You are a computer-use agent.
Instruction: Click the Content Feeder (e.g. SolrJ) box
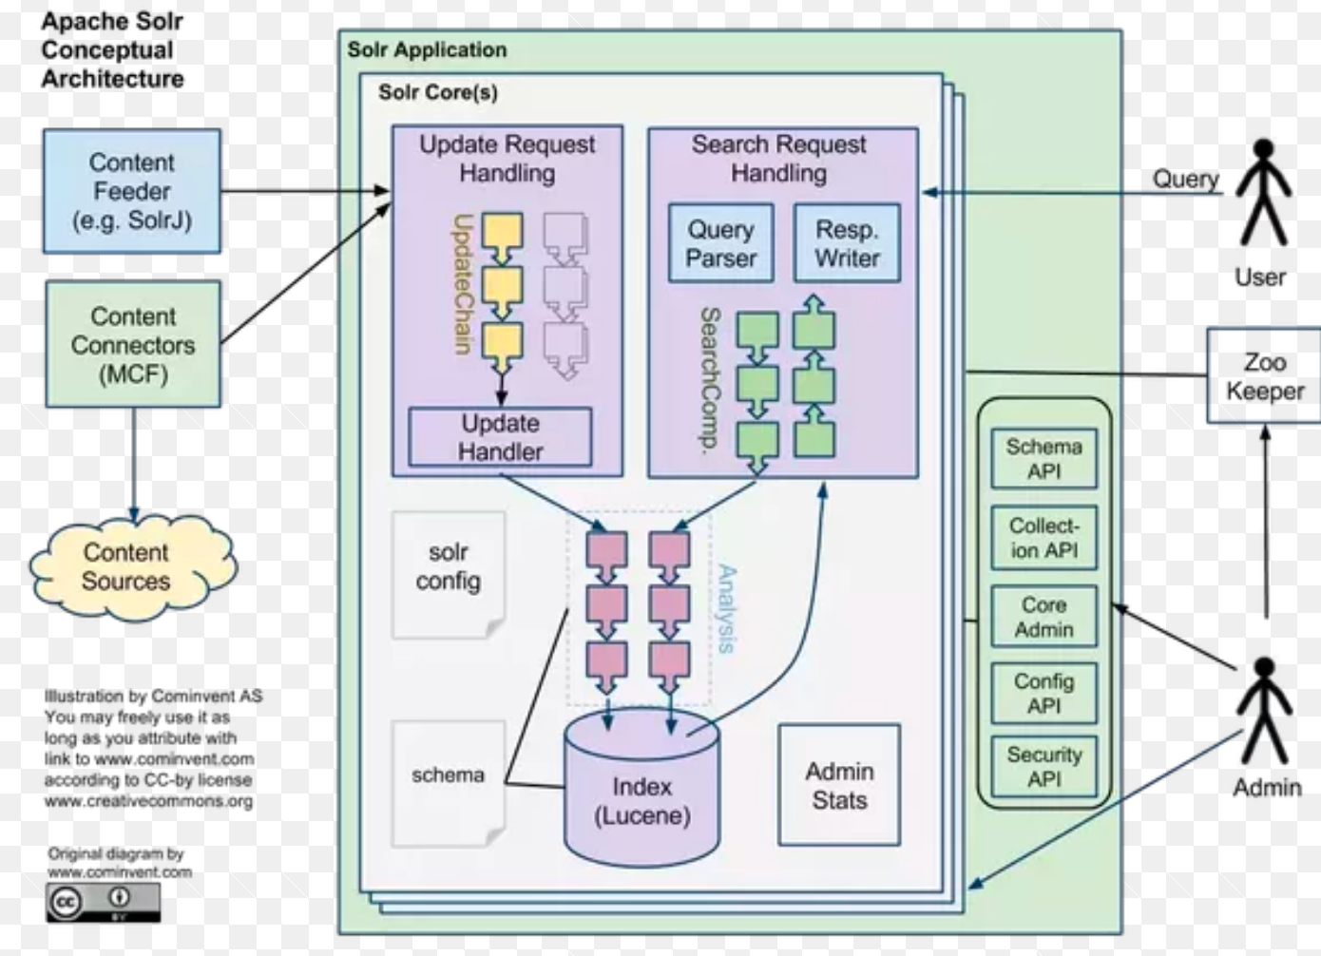tap(132, 191)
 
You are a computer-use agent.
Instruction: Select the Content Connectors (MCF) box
tap(133, 344)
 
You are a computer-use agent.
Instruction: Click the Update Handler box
tap(500, 437)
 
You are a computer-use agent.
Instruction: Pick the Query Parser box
tap(720, 243)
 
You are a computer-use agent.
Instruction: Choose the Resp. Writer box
tap(847, 243)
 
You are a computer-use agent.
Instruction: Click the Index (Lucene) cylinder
tap(641, 798)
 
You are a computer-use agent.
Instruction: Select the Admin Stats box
tap(839, 785)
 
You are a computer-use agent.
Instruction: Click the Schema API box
tap(1043, 458)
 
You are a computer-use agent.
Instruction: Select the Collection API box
tap(1043, 538)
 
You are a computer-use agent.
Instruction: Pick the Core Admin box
tap(1043, 617)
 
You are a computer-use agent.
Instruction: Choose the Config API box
tap(1043, 693)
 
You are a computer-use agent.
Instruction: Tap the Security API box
tap(1043, 766)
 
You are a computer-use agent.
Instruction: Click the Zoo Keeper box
tap(1264, 376)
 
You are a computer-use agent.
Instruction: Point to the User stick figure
tap(1262, 194)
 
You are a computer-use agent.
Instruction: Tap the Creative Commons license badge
tap(103, 902)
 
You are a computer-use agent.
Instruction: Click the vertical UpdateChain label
tap(463, 283)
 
